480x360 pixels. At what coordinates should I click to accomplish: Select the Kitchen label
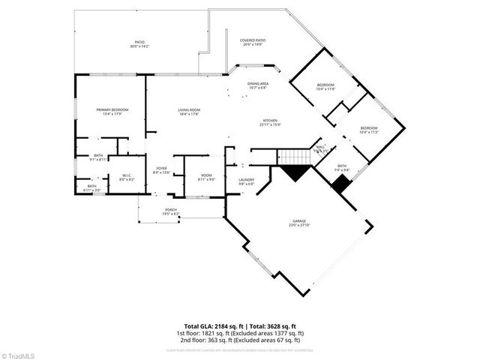tap(271, 122)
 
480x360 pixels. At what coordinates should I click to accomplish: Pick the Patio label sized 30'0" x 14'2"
tap(139, 44)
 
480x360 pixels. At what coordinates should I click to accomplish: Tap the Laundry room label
tap(246, 181)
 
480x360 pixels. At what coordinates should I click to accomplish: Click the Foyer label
tap(161, 169)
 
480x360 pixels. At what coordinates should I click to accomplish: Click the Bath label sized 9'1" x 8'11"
tap(98, 157)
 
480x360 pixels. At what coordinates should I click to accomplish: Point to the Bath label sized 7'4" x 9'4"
tap(341, 168)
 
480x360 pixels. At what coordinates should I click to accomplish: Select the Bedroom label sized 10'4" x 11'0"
tap(325, 87)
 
